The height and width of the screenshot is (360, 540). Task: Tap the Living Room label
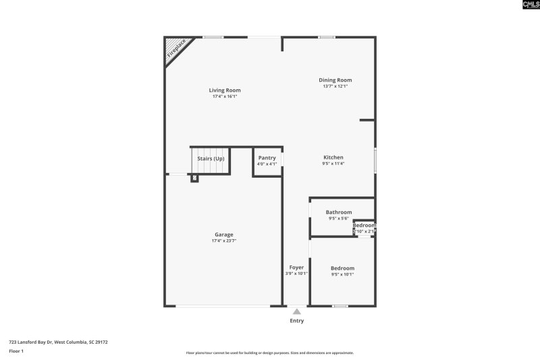224,90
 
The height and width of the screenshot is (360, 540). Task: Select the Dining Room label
335,80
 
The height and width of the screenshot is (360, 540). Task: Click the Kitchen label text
333,157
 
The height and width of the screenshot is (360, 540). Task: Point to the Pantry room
267,161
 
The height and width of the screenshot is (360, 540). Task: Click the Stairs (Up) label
211,159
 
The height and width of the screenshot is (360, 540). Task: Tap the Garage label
224,234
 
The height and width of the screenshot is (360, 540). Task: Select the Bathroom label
338,212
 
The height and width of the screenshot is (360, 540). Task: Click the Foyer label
296,267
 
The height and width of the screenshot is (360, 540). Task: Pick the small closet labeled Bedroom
364,228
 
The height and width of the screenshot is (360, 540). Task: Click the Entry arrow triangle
297,311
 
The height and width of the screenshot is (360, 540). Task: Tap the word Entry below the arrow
297,321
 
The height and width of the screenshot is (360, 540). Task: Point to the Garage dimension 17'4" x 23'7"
224,240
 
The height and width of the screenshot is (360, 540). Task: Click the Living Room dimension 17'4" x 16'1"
224,96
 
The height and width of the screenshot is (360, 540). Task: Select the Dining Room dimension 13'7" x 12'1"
335,86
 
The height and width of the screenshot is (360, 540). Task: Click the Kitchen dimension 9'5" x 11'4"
333,163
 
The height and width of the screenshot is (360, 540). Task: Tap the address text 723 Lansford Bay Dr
58,342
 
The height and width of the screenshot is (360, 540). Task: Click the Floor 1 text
16,351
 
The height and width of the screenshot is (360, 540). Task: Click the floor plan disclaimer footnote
270,353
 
